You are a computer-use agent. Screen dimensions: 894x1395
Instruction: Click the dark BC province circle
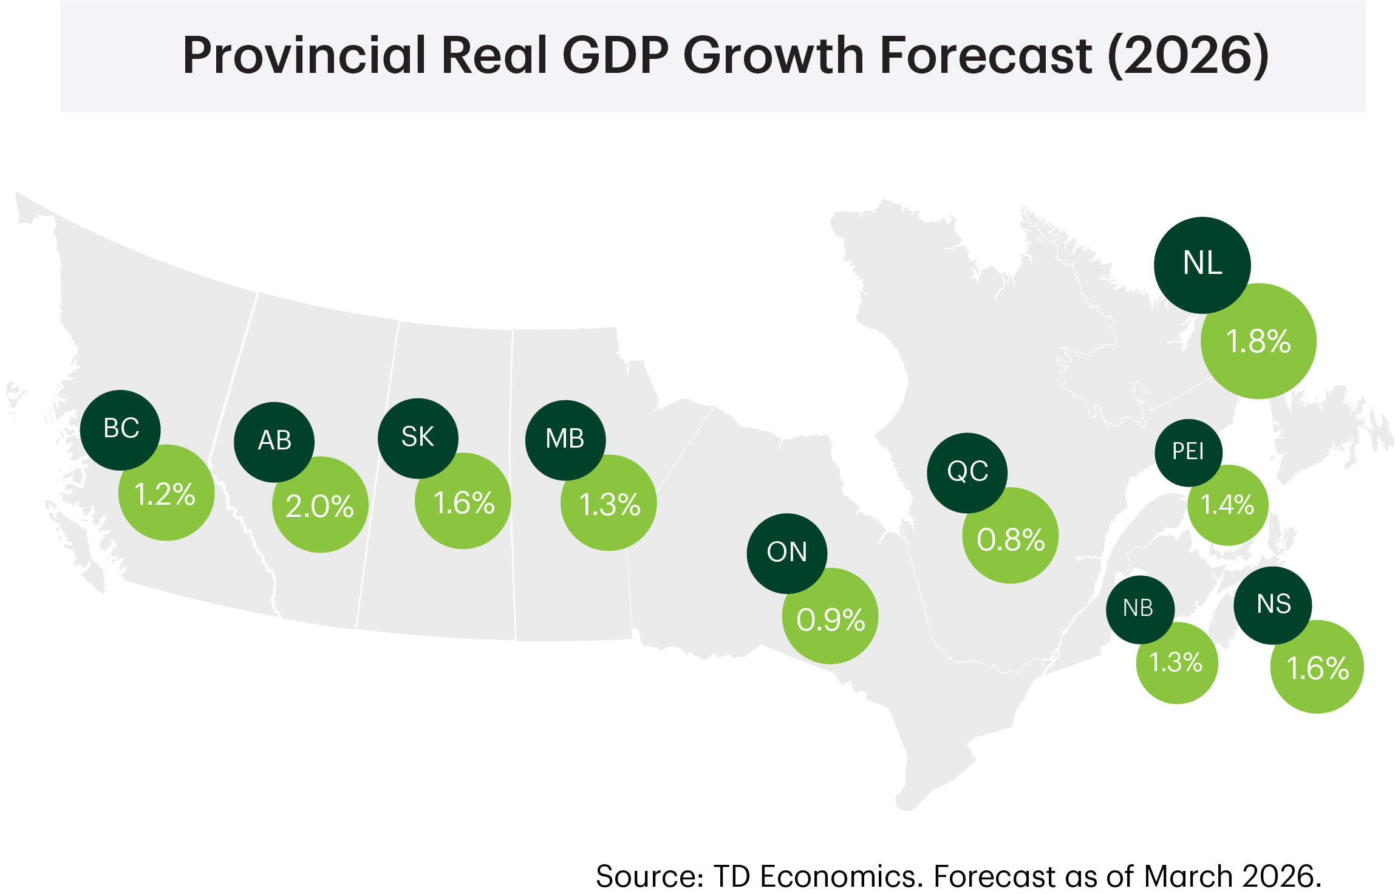pos(120,429)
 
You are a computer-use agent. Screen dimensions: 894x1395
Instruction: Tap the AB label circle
pos(274,442)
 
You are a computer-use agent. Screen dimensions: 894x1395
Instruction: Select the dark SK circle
pos(418,438)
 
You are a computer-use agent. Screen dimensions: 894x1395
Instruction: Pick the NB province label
pos(1139,609)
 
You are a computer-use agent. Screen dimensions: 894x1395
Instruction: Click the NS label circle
pos(1273,605)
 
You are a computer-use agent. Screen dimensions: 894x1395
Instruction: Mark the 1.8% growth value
pos(1258,342)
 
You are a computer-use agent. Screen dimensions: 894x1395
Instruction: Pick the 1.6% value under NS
pos(1317,669)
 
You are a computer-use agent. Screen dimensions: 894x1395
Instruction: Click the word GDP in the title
pos(616,55)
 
